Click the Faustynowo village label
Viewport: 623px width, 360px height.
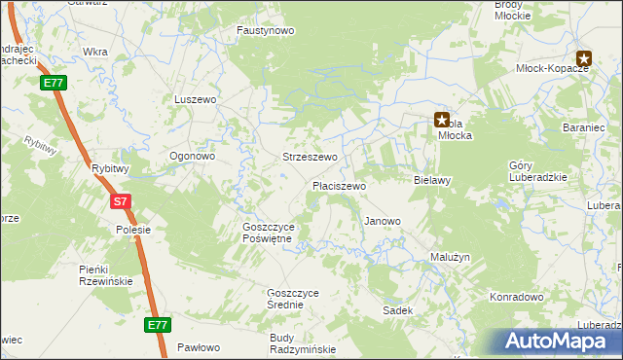(266, 30)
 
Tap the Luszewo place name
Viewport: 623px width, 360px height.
(195, 99)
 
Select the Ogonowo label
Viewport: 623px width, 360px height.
(192, 156)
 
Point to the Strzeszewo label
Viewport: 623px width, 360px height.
(310, 157)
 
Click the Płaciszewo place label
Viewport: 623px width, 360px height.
(339, 185)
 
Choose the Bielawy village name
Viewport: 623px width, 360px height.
(432, 180)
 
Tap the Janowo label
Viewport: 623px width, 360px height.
(383, 221)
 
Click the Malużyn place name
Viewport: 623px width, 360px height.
(450, 257)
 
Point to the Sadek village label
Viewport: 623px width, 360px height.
(398, 310)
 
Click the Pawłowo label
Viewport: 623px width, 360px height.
(199, 347)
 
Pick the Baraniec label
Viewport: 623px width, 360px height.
(585, 128)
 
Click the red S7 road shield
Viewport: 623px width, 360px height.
(120, 202)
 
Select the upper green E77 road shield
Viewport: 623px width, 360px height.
(53, 84)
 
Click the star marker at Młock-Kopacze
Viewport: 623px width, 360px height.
(583, 58)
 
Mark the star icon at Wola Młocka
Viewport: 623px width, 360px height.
(442, 121)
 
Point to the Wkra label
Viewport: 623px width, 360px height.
(95, 51)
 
